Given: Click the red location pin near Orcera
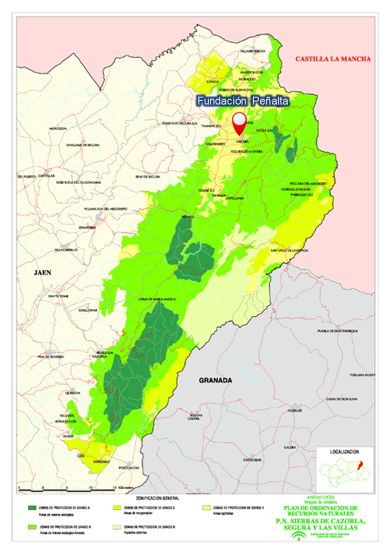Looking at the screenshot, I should (240, 123).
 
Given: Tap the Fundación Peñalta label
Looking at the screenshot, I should (242, 101).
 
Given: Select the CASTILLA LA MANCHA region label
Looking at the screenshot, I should (333, 59).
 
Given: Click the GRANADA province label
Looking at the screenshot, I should (215, 380).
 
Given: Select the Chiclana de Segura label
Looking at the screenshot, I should (80, 145).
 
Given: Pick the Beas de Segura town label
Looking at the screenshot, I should (147, 177).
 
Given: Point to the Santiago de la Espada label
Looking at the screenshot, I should (292, 250).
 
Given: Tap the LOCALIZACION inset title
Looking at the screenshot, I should (344, 451).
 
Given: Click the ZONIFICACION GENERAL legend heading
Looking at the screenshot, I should (157, 498).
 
